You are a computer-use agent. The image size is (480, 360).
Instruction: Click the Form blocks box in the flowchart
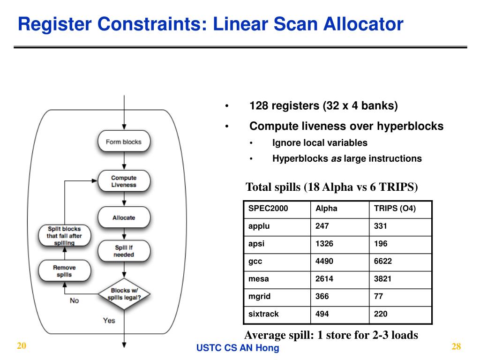tap(124, 142)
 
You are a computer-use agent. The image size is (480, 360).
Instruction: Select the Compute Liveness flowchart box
tap(124, 181)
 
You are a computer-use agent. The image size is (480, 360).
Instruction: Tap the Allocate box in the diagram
tap(124, 217)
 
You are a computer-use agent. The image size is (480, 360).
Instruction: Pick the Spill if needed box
tap(124, 251)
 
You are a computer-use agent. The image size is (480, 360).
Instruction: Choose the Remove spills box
tap(64, 271)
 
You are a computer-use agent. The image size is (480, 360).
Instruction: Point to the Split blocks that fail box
tap(64, 236)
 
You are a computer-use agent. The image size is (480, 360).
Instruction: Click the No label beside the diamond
tap(74, 300)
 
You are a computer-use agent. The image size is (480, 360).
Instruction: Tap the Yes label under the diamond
tap(109, 321)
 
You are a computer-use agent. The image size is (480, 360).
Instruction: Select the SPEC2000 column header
tap(268, 209)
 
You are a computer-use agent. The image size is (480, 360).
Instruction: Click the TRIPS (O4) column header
tap(395, 209)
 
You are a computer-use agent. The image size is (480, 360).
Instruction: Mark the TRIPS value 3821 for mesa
tap(382, 279)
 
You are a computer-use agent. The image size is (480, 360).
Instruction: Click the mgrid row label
tap(259, 296)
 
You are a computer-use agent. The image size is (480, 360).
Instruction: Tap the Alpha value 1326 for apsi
tap(324, 244)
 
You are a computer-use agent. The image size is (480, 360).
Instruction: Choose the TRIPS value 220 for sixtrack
tap(381, 314)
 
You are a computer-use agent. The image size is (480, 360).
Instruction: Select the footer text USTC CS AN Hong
tap(238, 348)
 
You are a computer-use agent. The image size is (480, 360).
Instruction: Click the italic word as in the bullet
tap(336, 158)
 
